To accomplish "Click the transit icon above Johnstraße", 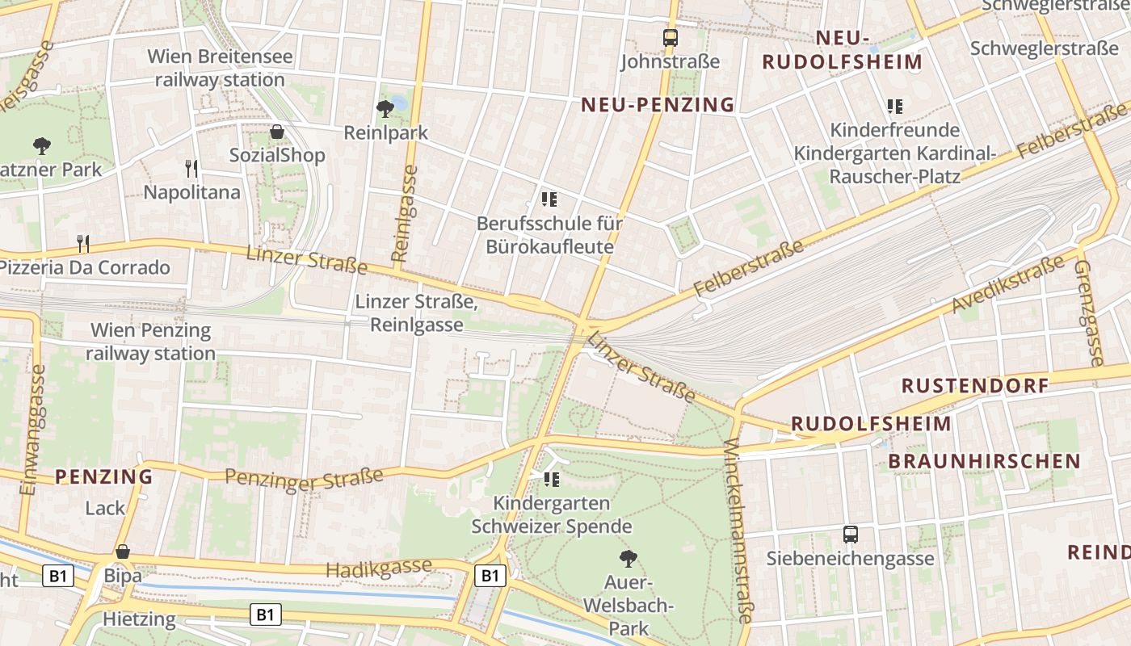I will pyautogui.click(x=670, y=37).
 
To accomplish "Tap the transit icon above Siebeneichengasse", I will pyautogui.click(x=850, y=534).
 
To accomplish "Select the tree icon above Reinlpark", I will pyautogui.click(x=385, y=107).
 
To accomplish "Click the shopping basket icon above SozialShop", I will pyautogui.click(x=277, y=132).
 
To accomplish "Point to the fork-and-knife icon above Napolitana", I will pyautogui.click(x=191, y=168).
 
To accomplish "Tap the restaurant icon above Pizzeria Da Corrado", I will pyautogui.click(x=82, y=243).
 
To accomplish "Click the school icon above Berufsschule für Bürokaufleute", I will pyautogui.click(x=549, y=199).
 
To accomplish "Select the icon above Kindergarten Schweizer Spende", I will pyautogui.click(x=552, y=480).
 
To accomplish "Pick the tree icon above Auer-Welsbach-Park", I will pyautogui.click(x=628, y=558).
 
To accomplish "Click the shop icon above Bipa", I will pyautogui.click(x=123, y=552).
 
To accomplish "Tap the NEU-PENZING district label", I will pyautogui.click(x=658, y=104).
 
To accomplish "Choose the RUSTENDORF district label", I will pyautogui.click(x=975, y=385).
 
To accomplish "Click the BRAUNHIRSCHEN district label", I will pyautogui.click(x=984, y=461).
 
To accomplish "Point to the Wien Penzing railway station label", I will pyautogui.click(x=151, y=342).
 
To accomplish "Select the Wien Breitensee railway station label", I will pyautogui.click(x=220, y=69).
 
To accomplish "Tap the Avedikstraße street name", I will pyautogui.click(x=1007, y=284).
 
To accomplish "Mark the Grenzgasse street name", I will pyautogui.click(x=1087, y=313).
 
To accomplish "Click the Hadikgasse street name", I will pyautogui.click(x=378, y=568).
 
